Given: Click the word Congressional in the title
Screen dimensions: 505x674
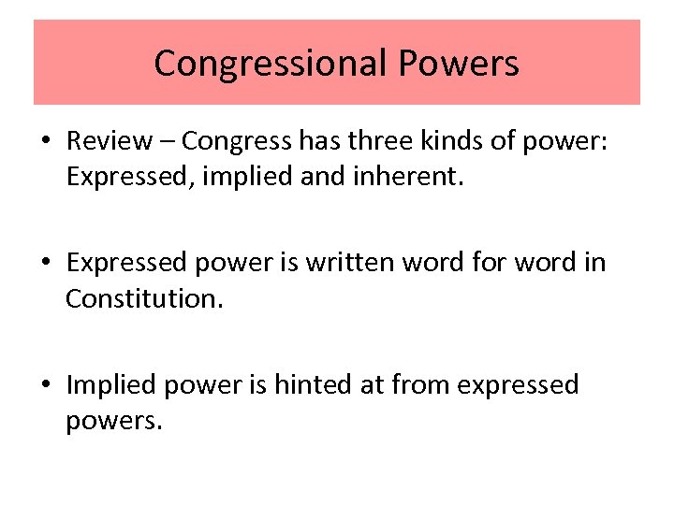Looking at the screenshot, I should point(270,64).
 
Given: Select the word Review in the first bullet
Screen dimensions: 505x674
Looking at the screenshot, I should point(109,141).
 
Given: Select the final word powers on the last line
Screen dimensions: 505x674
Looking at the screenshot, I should point(113,421).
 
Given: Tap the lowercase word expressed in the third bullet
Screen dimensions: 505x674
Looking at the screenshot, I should point(519,385).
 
